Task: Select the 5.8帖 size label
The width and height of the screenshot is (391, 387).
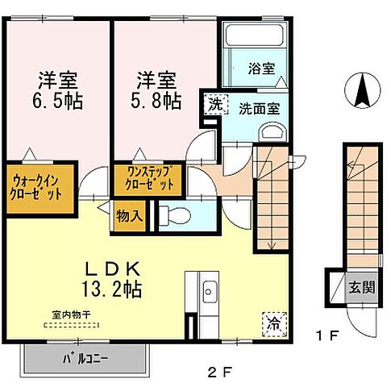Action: (156, 102)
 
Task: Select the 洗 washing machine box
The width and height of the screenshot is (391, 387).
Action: (215, 103)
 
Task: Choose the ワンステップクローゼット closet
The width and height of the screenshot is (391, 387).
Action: (148, 178)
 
